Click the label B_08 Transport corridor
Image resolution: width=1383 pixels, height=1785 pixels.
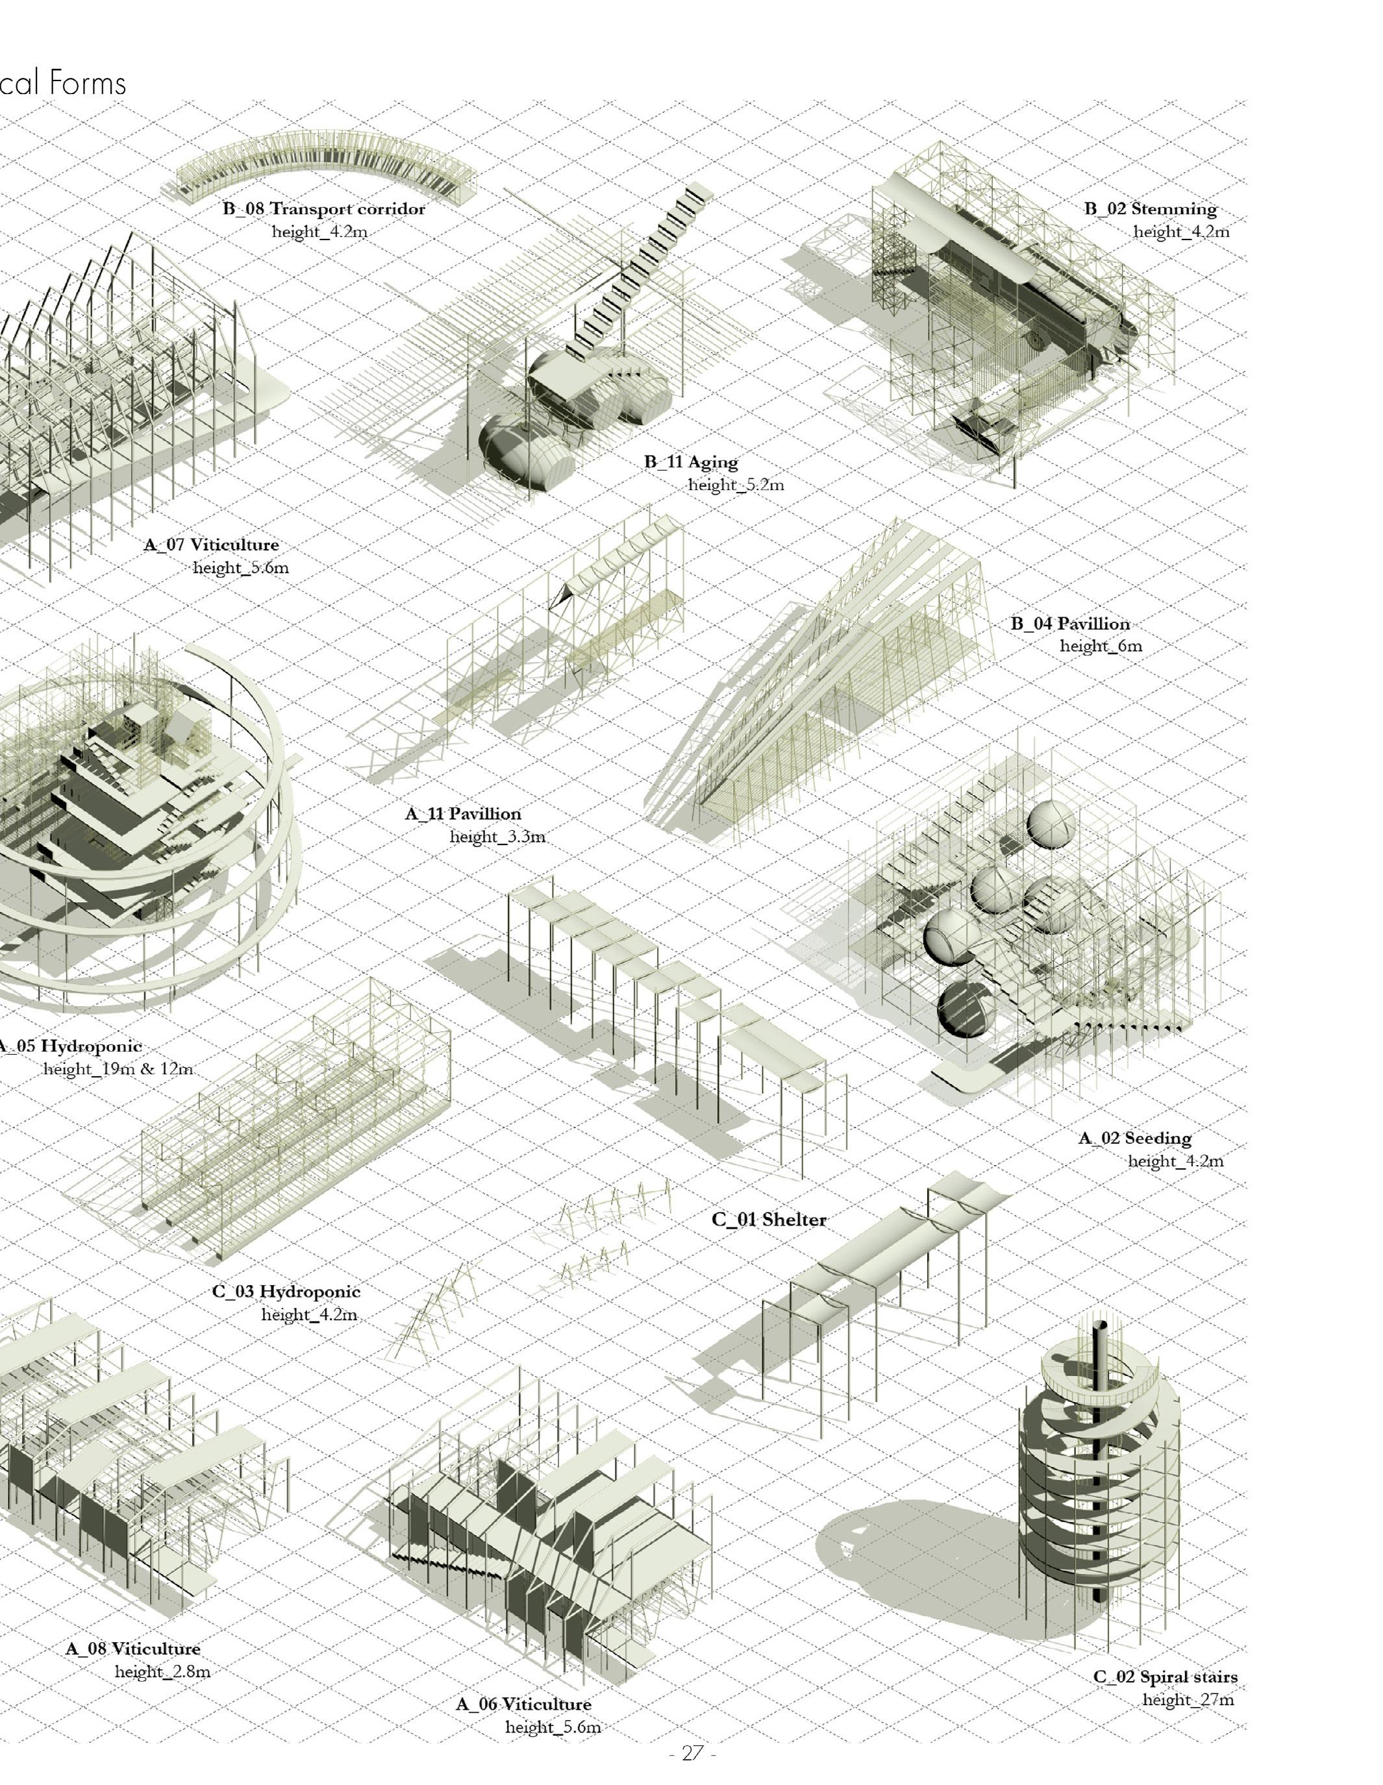[x=324, y=208]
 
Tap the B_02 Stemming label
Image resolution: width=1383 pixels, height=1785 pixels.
[x=1150, y=208]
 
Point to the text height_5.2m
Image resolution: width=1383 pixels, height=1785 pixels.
[x=736, y=485]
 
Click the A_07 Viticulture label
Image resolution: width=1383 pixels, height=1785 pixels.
[x=211, y=545]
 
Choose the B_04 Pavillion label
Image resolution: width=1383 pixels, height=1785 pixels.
[x=1070, y=624]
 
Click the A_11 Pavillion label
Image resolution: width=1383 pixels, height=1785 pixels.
[x=463, y=813]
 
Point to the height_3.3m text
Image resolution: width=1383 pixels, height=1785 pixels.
[x=497, y=836]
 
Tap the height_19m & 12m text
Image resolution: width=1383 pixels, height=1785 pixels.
[x=118, y=1068]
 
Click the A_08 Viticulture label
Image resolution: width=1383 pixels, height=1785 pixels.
[x=132, y=1649]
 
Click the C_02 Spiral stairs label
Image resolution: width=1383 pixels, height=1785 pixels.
[x=1165, y=1677]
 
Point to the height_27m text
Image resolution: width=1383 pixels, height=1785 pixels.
[x=1188, y=1699]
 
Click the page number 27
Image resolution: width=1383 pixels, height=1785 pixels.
[x=692, y=1753]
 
